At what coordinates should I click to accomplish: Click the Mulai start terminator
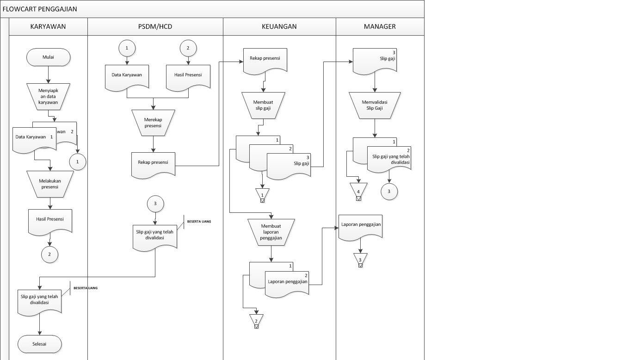pos(48,57)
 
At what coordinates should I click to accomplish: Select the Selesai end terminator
pos(39,344)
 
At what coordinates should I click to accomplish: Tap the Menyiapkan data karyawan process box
pos(48,96)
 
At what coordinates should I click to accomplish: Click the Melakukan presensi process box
pos(50,184)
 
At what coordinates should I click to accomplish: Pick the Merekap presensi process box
pos(153,123)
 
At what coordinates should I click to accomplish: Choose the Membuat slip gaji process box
pos(263,106)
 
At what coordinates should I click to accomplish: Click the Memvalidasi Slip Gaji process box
pos(375,106)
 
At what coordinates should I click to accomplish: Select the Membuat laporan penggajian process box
pos(271,232)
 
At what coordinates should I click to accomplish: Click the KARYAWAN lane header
pos(48,26)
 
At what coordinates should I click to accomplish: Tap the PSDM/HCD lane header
pos(155,26)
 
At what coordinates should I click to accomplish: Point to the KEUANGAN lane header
pos(279,26)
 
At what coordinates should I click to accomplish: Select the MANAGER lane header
pos(380,26)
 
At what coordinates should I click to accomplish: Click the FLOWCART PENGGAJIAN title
pos(40,9)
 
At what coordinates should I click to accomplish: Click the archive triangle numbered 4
pos(358,191)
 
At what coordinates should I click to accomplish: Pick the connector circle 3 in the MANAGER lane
pos(389,192)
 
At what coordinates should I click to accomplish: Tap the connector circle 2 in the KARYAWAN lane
pos(49,254)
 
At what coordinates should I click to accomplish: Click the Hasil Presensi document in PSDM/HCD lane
pos(188,78)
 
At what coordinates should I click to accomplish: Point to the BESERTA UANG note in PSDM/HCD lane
pos(199,221)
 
